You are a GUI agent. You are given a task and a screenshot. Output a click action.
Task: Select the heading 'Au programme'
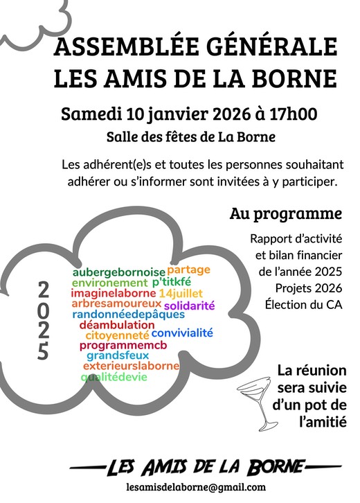coord(286,214)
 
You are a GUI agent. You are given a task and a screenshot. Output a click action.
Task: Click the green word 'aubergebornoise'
coord(119,272)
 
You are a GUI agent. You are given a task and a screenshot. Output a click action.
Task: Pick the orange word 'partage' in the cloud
coord(188,269)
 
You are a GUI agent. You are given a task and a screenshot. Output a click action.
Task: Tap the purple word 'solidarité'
coord(189,305)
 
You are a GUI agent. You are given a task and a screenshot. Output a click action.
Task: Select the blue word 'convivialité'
coord(182,333)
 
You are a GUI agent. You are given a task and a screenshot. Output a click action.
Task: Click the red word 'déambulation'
coord(117,324)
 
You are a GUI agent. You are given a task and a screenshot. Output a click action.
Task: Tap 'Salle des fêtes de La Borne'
coord(191,137)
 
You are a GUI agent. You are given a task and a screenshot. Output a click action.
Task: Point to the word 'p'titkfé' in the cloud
coord(171,283)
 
